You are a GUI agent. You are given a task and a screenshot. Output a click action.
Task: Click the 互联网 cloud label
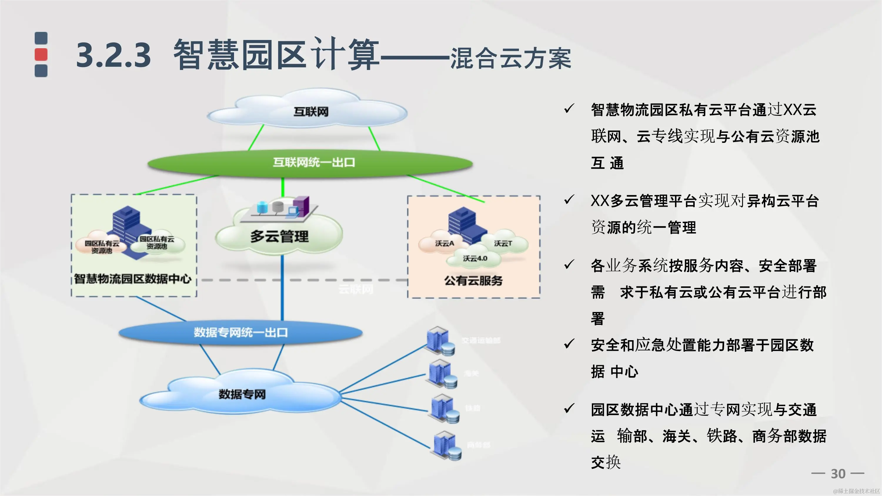(x=310, y=112)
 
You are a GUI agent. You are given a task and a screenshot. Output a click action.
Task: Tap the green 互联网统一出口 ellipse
(x=310, y=163)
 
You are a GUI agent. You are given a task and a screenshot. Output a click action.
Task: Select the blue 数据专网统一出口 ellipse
(x=240, y=332)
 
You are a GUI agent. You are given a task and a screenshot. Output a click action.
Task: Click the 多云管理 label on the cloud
(x=279, y=236)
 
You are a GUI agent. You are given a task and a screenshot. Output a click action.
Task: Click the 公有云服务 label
(x=473, y=281)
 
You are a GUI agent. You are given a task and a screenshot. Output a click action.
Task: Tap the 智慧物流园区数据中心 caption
(x=133, y=279)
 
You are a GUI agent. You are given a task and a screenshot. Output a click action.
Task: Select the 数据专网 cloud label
(x=242, y=394)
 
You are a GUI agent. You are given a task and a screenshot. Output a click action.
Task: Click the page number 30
(x=838, y=474)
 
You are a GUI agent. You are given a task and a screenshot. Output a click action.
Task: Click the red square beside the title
(x=41, y=54)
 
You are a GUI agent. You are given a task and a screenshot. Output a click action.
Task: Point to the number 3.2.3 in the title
(x=113, y=55)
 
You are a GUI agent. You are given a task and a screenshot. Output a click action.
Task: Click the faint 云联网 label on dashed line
(x=356, y=290)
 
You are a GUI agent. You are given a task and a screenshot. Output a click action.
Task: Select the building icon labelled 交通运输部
(x=440, y=340)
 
